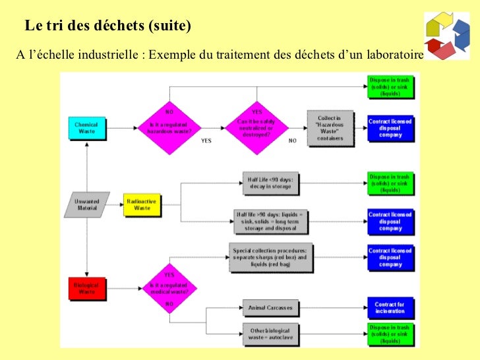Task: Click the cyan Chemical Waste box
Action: [x=86, y=127]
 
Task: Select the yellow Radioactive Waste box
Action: [x=142, y=204]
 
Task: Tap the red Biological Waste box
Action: [x=86, y=287]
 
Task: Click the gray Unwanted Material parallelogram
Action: [x=86, y=204]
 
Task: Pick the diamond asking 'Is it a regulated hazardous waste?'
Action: [x=169, y=127]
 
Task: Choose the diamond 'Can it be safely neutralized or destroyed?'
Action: [x=257, y=127]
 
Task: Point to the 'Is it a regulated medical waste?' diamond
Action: [x=169, y=287]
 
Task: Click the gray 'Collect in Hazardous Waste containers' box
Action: [x=330, y=127]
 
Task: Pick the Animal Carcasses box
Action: [x=270, y=307]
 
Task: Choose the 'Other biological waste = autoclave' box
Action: [x=270, y=333]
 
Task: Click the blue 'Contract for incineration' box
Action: [x=390, y=307]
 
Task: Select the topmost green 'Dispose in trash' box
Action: [x=390, y=86]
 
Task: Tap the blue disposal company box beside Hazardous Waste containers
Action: [x=390, y=127]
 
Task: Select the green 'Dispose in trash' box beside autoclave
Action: [x=390, y=333]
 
